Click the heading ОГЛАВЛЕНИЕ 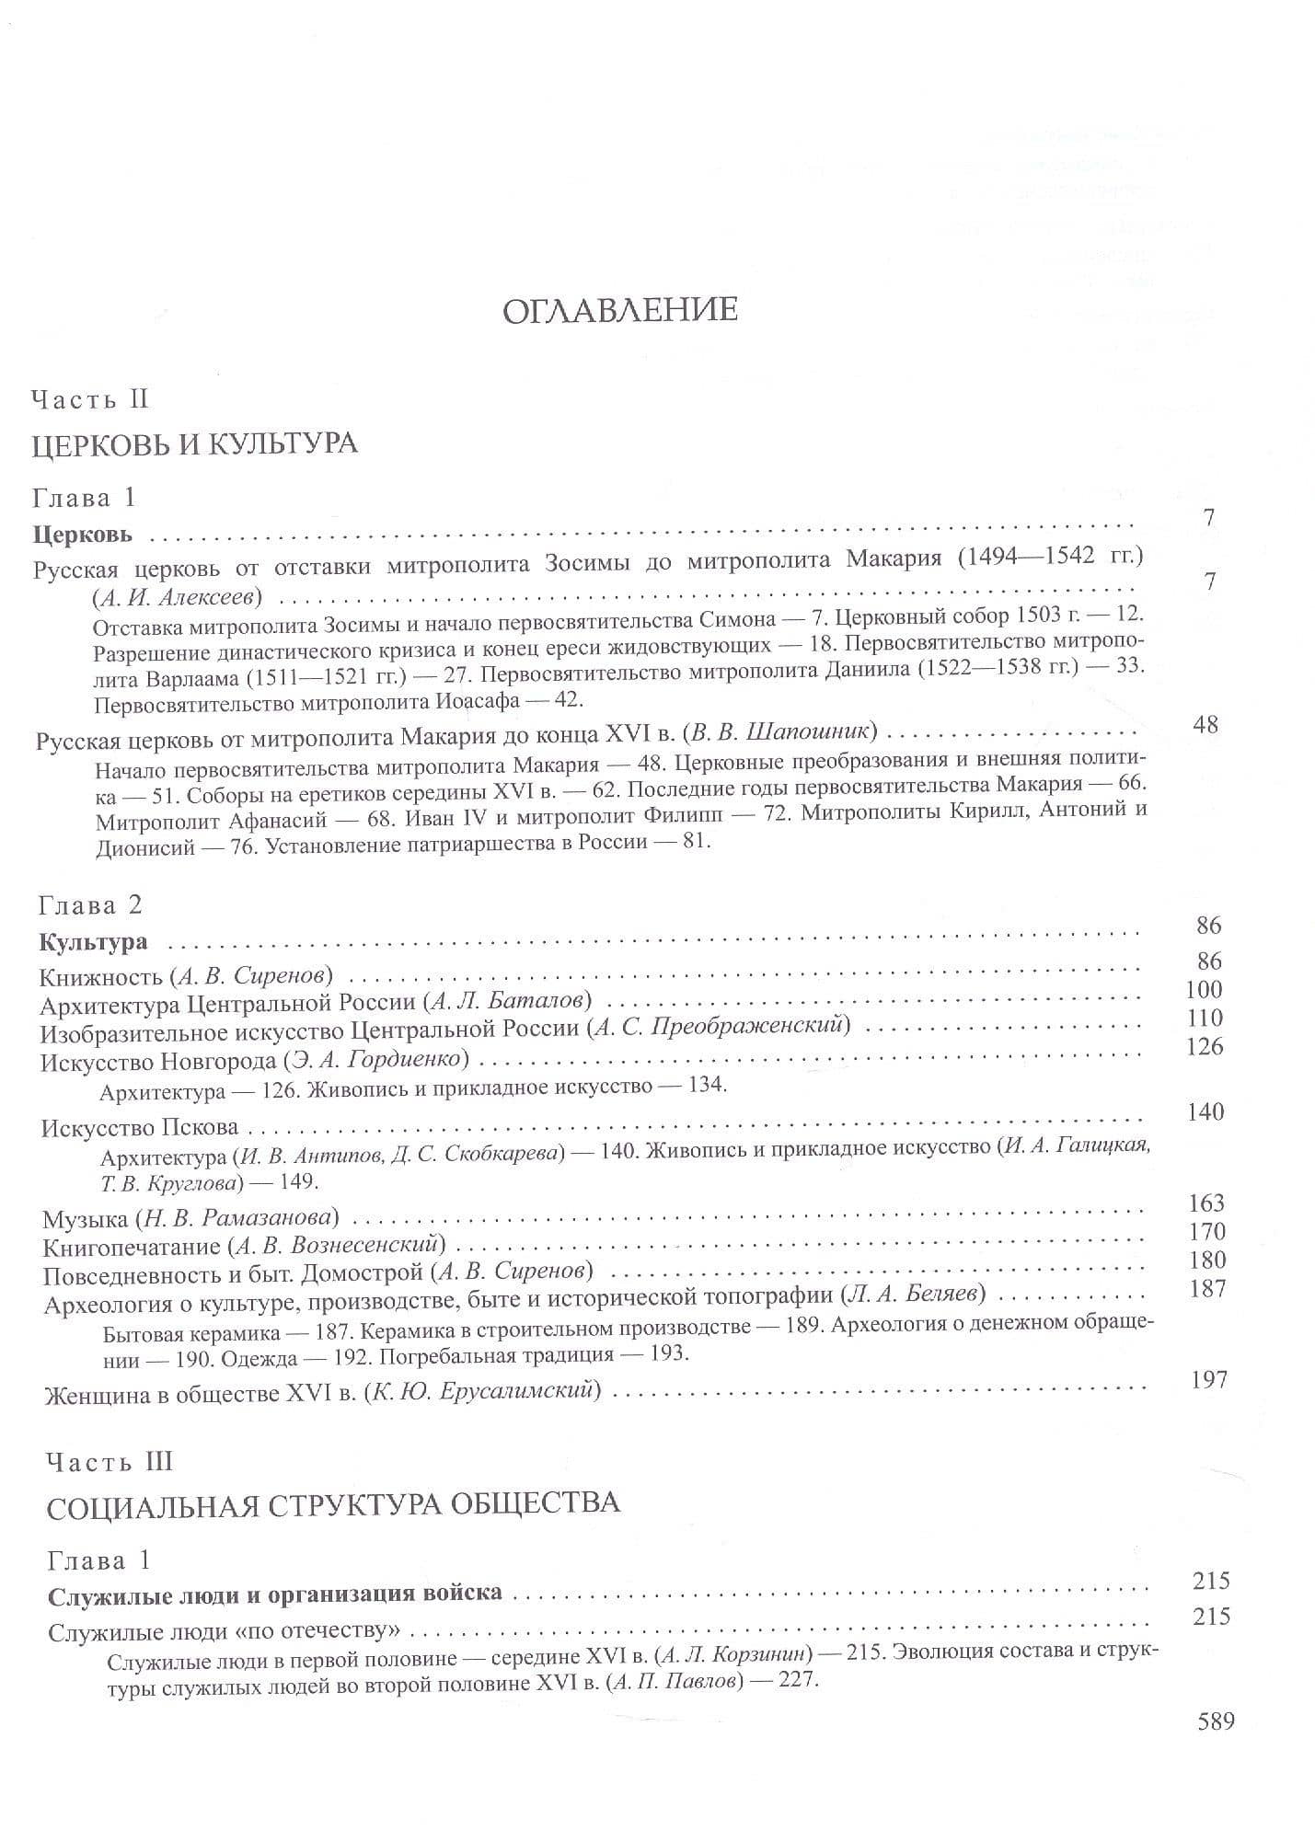(x=619, y=309)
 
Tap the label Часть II (x=89, y=399)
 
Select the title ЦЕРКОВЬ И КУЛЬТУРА (x=194, y=444)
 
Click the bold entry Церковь (x=83, y=533)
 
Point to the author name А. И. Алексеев (x=178, y=596)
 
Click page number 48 (x=1205, y=725)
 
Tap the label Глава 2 (x=90, y=905)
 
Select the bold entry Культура (x=93, y=942)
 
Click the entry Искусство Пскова (x=139, y=1127)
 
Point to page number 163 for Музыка (x=1205, y=1203)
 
